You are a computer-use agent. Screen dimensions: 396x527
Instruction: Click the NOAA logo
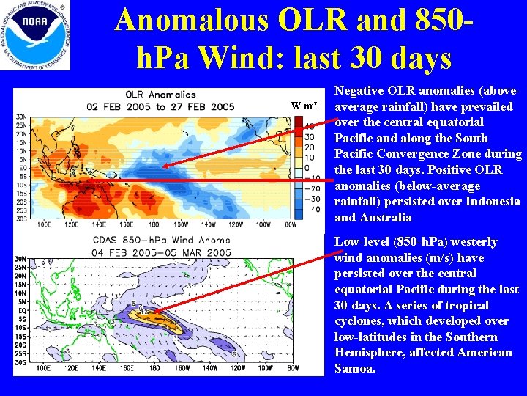(36, 35)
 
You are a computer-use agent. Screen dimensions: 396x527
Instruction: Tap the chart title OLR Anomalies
(161, 95)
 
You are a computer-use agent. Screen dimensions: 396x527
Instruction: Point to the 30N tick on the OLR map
(21, 116)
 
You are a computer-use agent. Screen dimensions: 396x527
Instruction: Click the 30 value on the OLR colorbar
(310, 137)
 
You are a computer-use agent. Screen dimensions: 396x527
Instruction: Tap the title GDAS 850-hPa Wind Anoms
(161, 241)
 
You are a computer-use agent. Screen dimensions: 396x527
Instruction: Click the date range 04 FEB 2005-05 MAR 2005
(161, 253)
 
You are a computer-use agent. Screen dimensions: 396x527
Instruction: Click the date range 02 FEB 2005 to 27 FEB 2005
(161, 107)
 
